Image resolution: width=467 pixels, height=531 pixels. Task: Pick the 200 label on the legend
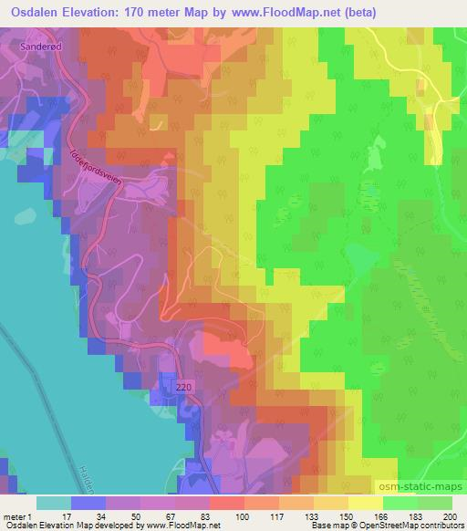coord(450,515)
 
